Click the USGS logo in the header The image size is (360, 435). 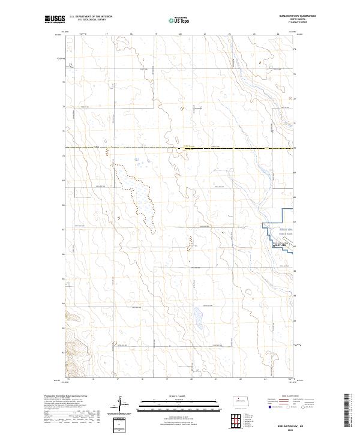55,19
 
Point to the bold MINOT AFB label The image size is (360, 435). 280,245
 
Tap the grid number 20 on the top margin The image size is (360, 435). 181,35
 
